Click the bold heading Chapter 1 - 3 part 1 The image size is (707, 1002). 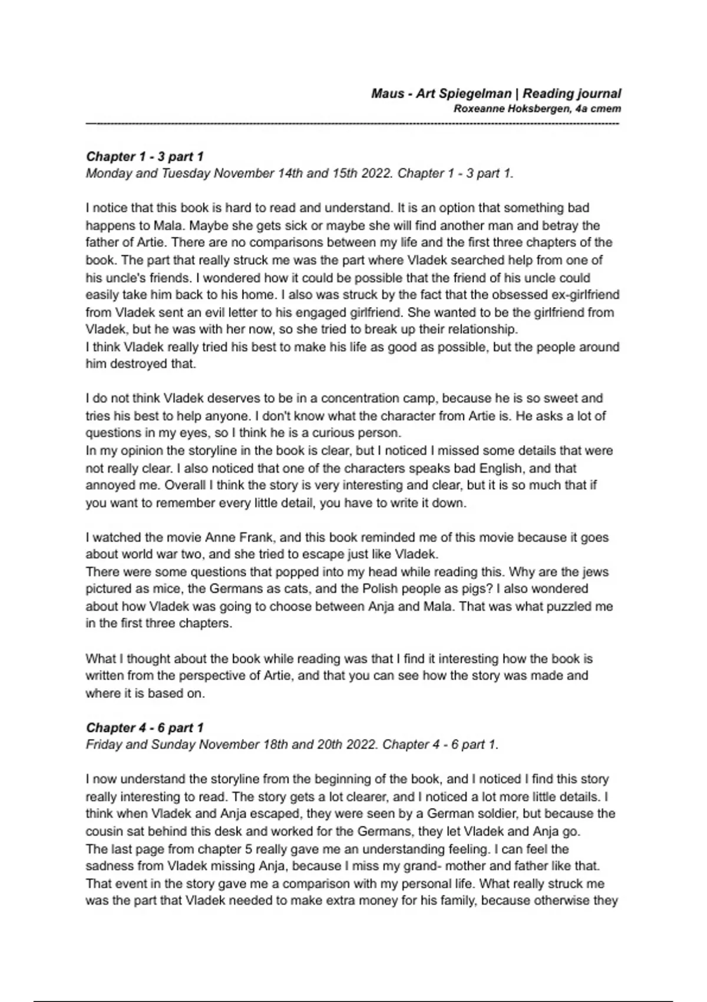coord(145,156)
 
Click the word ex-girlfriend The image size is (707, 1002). coord(585,295)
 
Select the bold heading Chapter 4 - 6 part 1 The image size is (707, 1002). coord(145,727)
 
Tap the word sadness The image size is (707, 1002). coord(108,866)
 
